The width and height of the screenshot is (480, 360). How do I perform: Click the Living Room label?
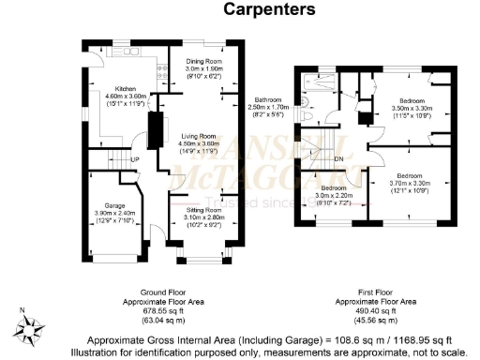pyautogui.click(x=199, y=137)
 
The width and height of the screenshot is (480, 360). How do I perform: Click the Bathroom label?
pyautogui.click(x=269, y=99)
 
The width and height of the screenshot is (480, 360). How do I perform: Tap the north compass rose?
pyautogui.click(x=35, y=327)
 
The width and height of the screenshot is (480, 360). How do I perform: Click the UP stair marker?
pyautogui.click(x=135, y=159)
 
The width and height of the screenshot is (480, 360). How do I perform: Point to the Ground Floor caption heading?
pyautogui.click(x=161, y=292)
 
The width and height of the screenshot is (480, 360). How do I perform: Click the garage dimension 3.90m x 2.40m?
pyautogui.click(x=112, y=212)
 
